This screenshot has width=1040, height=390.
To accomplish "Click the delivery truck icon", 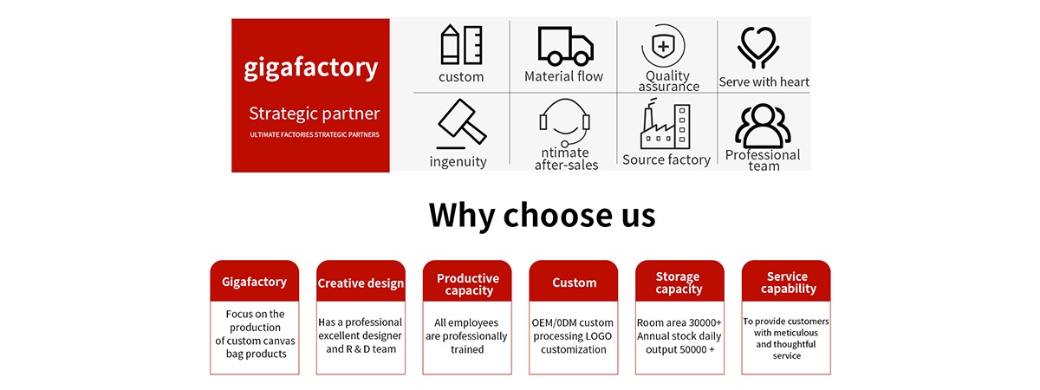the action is pyautogui.click(x=565, y=45).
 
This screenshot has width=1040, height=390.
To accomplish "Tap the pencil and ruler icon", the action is pyautogui.click(x=461, y=44).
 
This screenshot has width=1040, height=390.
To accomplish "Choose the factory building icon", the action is pyautogui.click(x=666, y=126).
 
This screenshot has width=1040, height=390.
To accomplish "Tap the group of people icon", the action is pyautogui.click(x=763, y=126).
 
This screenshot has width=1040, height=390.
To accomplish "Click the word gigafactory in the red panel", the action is pyautogui.click(x=310, y=68).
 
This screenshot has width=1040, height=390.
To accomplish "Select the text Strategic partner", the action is pyautogui.click(x=314, y=114).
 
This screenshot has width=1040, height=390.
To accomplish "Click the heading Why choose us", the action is pyautogui.click(x=542, y=214).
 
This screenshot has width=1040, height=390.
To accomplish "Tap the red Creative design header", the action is pyautogui.click(x=361, y=283).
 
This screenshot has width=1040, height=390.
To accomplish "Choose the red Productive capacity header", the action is pyautogui.click(x=467, y=283).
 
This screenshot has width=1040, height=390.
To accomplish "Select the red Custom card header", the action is pyautogui.click(x=574, y=283).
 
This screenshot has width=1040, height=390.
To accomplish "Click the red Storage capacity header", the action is pyautogui.click(x=679, y=283).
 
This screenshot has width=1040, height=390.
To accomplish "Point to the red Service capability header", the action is pyautogui.click(x=786, y=283).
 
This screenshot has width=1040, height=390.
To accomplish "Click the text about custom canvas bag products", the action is pyautogui.click(x=255, y=334).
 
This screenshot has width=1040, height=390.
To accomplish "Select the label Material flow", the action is pyautogui.click(x=563, y=76).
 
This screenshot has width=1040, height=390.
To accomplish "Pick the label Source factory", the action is pyautogui.click(x=666, y=159).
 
